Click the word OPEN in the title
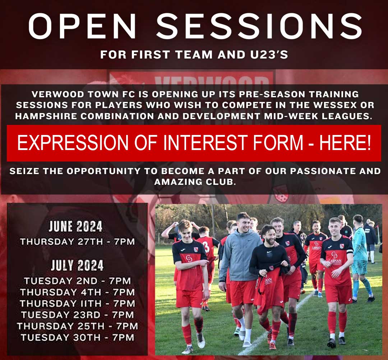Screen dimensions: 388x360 (x=82, y=26)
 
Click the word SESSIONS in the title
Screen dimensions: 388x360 (x=259, y=26)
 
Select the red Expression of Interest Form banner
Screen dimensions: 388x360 (x=194, y=143)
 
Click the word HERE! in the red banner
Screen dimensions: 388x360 (x=345, y=142)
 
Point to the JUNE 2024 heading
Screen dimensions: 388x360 (x=75, y=226)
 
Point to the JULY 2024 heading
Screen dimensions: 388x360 (x=77, y=265)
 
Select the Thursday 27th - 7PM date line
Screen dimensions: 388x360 (x=78, y=242)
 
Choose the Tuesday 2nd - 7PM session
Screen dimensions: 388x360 (x=78, y=281)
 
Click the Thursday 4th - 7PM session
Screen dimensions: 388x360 (x=78, y=292)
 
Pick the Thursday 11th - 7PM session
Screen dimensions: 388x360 (x=78, y=303)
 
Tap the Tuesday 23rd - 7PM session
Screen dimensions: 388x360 (x=78, y=315)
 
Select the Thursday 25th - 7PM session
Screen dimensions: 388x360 (x=78, y=326)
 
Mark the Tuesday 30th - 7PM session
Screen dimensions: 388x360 (x=78, y=337)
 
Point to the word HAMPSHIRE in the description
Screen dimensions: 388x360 (x=46, y=116)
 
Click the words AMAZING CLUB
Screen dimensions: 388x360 (x=194, y=182)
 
